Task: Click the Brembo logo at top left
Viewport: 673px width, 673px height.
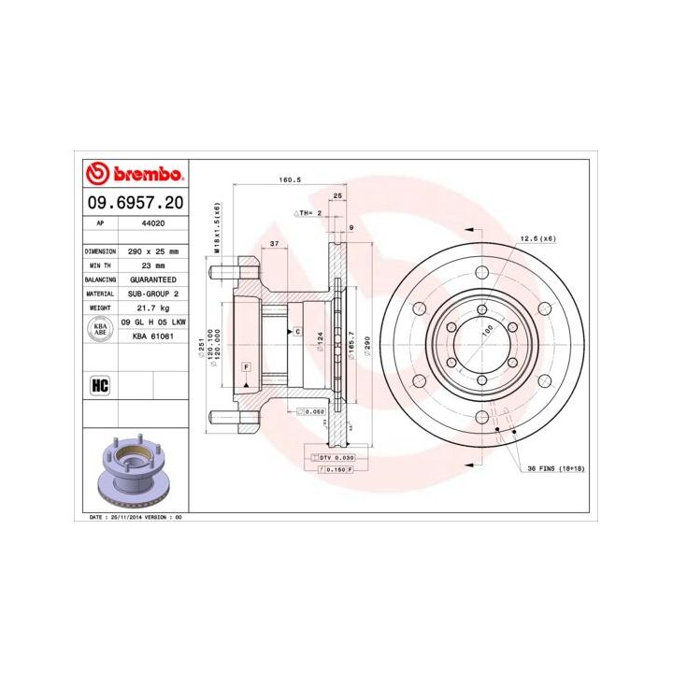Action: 135,175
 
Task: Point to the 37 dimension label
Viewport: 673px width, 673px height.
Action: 274,243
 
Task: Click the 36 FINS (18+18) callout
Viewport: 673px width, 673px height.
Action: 555,468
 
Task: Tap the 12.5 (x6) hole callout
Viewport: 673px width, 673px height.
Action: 537,239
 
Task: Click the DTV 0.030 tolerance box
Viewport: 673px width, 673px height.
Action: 336,457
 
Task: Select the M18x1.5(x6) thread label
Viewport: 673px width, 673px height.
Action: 217,228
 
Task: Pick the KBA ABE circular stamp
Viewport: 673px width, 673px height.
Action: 100,327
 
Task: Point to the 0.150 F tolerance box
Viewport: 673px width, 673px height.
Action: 337,469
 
